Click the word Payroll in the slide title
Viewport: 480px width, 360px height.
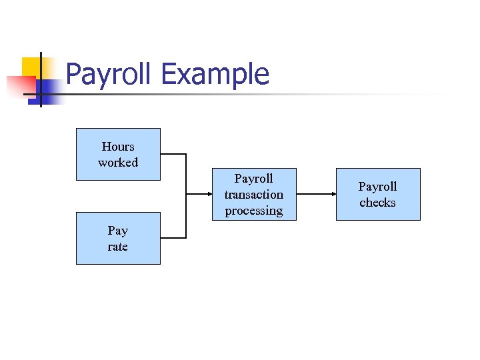(x=110, y=75)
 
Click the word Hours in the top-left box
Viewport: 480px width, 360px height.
(x=118, y=147)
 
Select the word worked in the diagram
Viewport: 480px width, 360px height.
(x=118, y=163)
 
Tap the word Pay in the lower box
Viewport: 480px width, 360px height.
(x=118, y=231)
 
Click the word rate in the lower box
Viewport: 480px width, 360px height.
(x=118, y=247)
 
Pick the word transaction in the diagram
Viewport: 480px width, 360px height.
(x=253, y=195)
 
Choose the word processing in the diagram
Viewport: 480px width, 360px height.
(x=253, y=211)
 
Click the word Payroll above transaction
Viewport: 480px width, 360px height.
(x=253, y=179)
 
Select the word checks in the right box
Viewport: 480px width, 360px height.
(x=377, y=203)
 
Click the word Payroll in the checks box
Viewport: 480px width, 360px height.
(x=377, y=187)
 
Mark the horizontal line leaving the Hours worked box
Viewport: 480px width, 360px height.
(x=173, y=155)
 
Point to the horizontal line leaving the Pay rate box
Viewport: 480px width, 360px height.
(x=173, y=238)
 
